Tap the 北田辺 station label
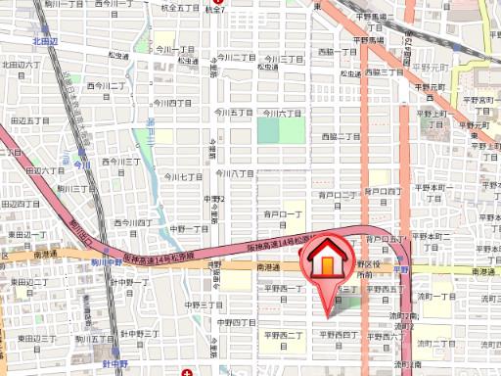46,42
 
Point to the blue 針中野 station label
114,361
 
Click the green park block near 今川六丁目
280,133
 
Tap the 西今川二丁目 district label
108,86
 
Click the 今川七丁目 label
182,177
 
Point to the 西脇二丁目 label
341,136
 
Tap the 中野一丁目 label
189,228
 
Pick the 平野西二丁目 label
281,334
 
